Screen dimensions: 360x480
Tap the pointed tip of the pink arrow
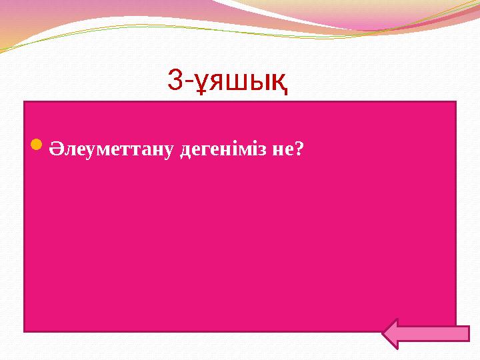click(386, 334)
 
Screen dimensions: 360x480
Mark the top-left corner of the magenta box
click(25, 102)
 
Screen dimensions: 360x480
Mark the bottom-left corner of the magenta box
click(25, 331)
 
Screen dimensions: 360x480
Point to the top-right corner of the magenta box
click(455, 102)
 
